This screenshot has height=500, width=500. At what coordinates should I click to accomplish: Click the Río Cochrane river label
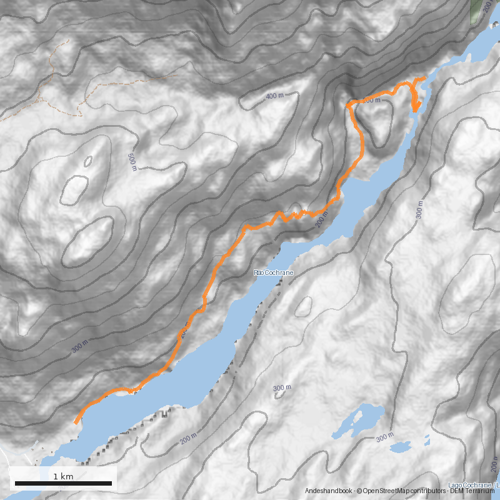[x=274, y=273]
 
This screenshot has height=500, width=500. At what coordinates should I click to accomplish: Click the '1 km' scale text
[x=63, y=476]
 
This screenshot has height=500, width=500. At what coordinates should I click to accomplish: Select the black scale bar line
[x=63, y=483]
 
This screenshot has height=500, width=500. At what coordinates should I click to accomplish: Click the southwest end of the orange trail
[x=76, y=422]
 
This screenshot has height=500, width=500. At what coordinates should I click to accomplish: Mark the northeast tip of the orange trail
[x=424, y=78]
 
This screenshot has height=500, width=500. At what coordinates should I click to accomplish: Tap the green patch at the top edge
[x=476, y=11]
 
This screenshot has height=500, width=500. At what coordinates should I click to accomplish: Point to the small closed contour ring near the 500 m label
[x=88, y=161]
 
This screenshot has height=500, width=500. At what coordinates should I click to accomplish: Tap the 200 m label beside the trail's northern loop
[x=370, y=100]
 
